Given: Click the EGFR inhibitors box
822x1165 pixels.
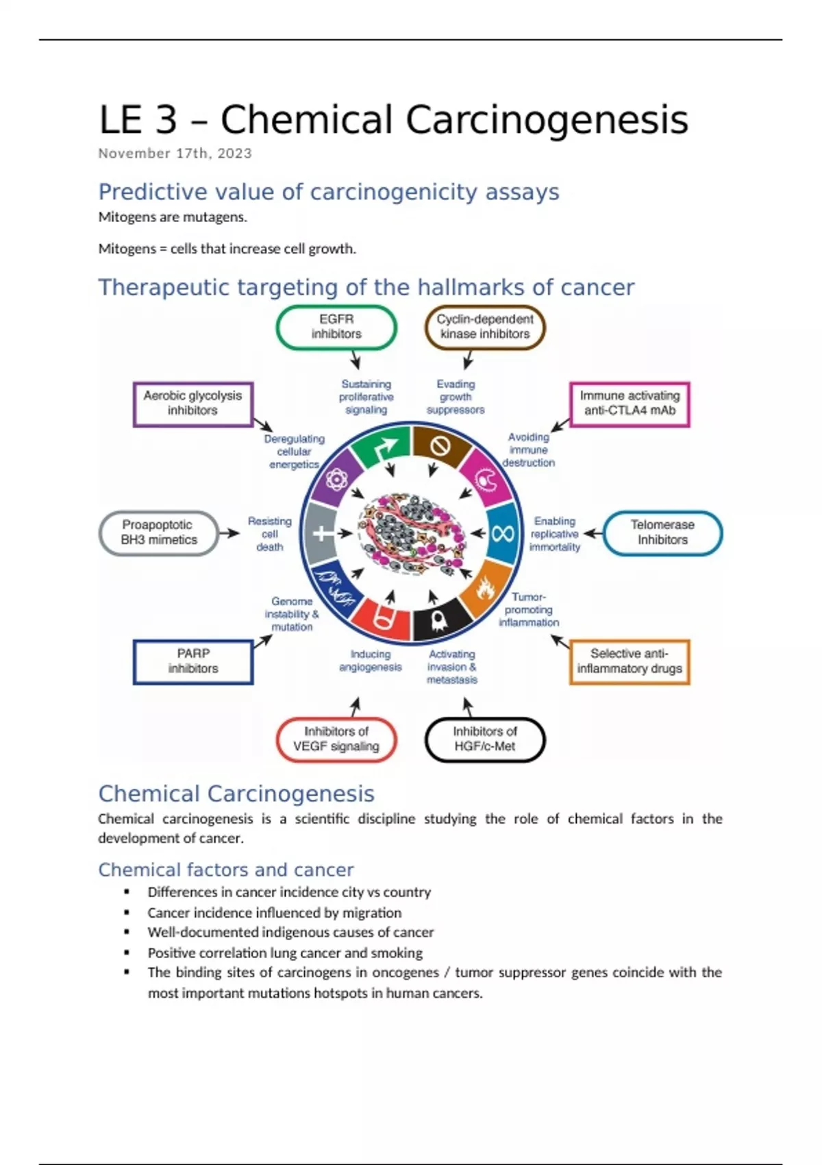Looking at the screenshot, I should [336, 327].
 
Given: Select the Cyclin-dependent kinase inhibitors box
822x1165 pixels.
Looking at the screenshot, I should [485, 327].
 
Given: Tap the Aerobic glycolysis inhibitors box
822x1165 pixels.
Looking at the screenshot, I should [192, 404].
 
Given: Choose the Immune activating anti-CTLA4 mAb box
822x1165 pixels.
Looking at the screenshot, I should [630, 404].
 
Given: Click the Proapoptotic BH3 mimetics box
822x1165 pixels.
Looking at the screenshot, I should [159, 532].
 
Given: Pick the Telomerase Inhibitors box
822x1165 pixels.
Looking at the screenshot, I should [662, 532].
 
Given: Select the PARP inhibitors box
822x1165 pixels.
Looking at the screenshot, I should [193, 661].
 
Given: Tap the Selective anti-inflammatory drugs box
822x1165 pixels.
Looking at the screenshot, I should [630, 661].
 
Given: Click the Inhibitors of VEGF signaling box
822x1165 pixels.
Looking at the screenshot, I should [336, 739].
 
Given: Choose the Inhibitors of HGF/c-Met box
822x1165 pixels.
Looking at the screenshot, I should [485, 739].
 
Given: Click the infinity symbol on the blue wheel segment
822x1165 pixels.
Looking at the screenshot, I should [502, 533].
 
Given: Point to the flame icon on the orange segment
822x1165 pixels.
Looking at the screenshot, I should [486, 588].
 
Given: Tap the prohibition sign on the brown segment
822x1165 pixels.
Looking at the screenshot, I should [440, 447].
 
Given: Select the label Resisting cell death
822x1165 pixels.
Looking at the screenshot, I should [270, 534].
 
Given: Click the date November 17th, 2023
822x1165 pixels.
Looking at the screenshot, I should [175, 154].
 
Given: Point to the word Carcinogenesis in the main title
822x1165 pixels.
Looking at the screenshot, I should [547, 120].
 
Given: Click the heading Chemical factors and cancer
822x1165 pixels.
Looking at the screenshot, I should [226, 870].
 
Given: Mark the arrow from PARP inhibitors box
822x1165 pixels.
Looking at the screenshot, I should [263, 641].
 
